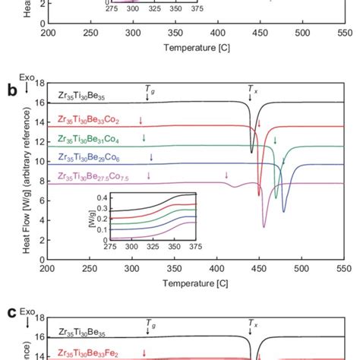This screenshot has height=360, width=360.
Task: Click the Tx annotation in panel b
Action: (252, 89)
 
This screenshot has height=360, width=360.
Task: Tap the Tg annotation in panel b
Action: (149, 89)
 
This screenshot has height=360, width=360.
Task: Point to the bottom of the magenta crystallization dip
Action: (264, 226)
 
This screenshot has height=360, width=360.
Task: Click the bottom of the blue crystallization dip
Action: (284, 211)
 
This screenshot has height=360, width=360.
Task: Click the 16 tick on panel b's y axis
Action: (39, 103)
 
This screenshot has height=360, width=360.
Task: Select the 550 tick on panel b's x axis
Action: (344, 267)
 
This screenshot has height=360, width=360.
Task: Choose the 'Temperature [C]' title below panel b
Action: (196, 282)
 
